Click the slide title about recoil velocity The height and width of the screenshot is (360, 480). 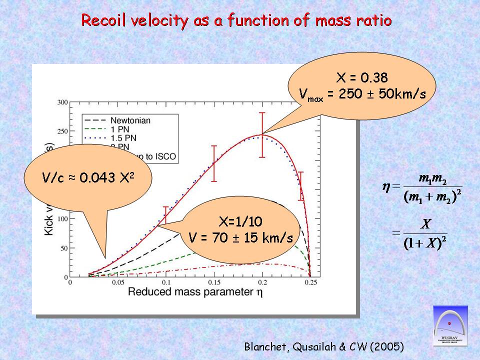(x=236, y=21)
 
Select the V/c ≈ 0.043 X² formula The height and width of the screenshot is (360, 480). (x=87, y=178)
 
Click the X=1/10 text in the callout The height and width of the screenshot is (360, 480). (x=240, y=222)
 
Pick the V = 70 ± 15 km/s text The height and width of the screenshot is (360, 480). (x=240, y=237)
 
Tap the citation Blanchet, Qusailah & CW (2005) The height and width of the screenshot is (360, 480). (x=324, y=346)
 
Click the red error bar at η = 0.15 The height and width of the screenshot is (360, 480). (x=214, y=163)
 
